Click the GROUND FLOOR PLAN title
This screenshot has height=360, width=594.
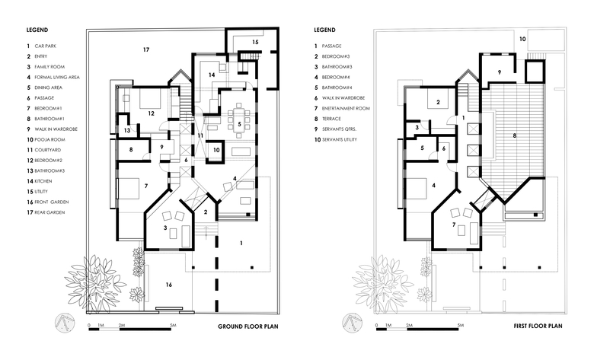247,327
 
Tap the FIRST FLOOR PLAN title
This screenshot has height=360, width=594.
538,326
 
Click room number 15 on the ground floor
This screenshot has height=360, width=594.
255,42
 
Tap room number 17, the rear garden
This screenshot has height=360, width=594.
146,49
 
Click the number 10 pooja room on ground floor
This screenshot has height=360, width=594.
216,150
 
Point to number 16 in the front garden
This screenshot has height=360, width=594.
169,285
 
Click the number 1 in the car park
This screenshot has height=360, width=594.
241,243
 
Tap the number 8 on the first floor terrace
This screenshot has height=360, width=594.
515,135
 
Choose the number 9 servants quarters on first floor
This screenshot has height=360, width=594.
500,72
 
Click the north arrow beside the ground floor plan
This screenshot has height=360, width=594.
65,323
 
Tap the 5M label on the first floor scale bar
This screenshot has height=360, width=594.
460,325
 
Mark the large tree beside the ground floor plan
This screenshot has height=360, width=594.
94,283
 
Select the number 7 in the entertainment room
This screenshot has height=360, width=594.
454,225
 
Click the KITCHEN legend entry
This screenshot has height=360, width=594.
43,181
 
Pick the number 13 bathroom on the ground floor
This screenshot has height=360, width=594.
127,131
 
